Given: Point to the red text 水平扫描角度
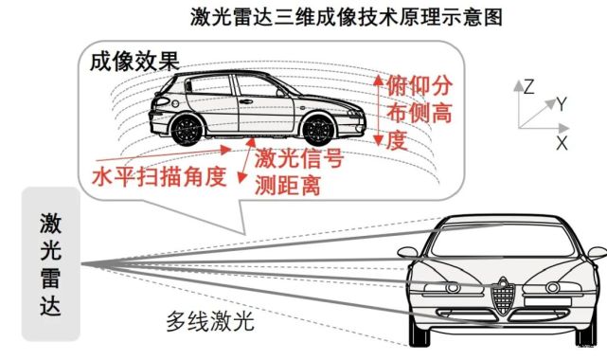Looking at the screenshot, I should click(158, 177).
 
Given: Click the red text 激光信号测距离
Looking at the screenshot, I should click(298, 170).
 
